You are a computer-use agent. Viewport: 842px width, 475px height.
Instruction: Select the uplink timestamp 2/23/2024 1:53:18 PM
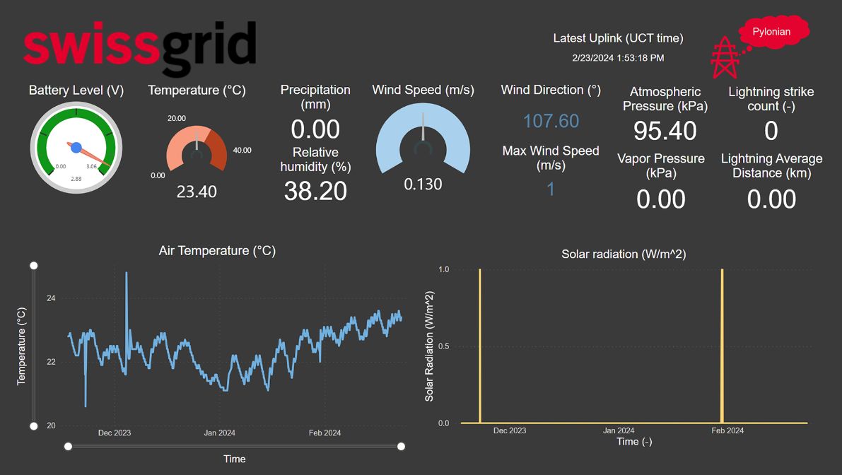[x=618, y=58]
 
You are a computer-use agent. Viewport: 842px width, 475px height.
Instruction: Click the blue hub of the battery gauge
[x=76, y=148]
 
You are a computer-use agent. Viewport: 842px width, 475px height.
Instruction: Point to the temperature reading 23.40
[x=197, y=192]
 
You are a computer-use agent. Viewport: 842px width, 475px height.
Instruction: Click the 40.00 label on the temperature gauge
[x=242, y=150]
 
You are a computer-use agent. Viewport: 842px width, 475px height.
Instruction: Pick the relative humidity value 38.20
[x=315, y=191]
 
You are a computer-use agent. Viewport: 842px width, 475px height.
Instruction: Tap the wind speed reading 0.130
[x=423, y=184]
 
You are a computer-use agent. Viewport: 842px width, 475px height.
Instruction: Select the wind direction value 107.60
[x=551, y=121]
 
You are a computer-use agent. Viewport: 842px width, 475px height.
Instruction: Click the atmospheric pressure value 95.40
[x=665, y=131]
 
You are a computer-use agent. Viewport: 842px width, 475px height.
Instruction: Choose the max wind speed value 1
[x=551, y=189]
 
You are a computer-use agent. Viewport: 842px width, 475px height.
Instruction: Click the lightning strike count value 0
[x=771, y=131]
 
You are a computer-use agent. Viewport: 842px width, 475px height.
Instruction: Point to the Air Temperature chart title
[x=217, y=251]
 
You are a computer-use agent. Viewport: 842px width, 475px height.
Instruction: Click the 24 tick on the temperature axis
[x=51, y=298]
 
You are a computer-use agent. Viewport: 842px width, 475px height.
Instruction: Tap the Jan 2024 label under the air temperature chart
[x=219, y=433]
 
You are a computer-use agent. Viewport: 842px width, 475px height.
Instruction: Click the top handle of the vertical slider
[x=33, y=265]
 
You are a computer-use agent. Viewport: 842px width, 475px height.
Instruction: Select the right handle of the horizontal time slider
[x=401, y=446]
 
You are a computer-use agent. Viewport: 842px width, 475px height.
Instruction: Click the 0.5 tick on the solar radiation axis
[x=443, y=346]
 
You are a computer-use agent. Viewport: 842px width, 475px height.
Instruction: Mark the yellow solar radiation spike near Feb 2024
[x=722, y=346]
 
